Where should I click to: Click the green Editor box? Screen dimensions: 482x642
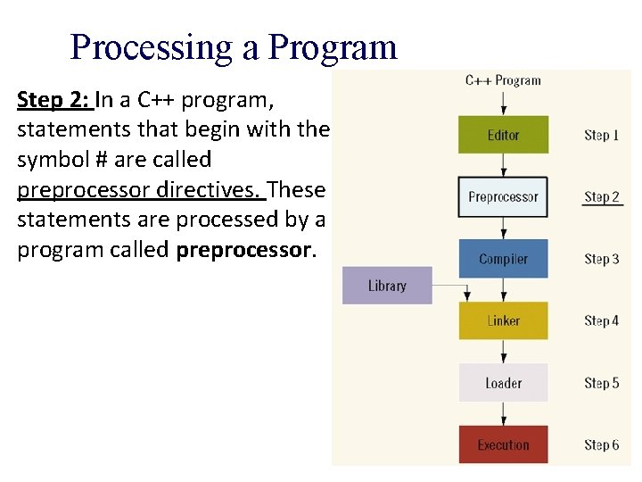503,135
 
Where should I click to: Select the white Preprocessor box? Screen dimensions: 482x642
503,196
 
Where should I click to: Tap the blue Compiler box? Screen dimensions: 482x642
503,259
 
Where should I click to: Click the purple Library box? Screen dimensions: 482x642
387,286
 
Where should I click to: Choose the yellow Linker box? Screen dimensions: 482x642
503,320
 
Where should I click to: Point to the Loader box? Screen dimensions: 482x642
503,383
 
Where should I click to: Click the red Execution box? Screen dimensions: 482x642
503,445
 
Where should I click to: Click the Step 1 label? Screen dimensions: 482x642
601,135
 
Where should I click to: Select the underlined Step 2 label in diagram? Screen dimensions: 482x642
601,196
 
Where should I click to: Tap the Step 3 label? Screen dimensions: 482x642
601,259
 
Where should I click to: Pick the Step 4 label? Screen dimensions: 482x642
601,320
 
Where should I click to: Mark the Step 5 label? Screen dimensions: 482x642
601,383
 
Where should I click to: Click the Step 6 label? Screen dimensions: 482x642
601,445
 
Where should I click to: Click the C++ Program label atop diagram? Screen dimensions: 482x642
503,80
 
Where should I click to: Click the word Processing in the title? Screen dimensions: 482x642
151,47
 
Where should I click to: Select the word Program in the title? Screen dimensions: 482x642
332,47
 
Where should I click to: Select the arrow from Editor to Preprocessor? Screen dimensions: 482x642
503,165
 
